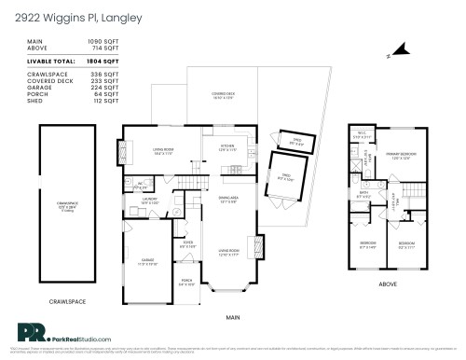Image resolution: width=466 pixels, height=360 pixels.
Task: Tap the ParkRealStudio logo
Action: pyautogui.click(x=57, y=333)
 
